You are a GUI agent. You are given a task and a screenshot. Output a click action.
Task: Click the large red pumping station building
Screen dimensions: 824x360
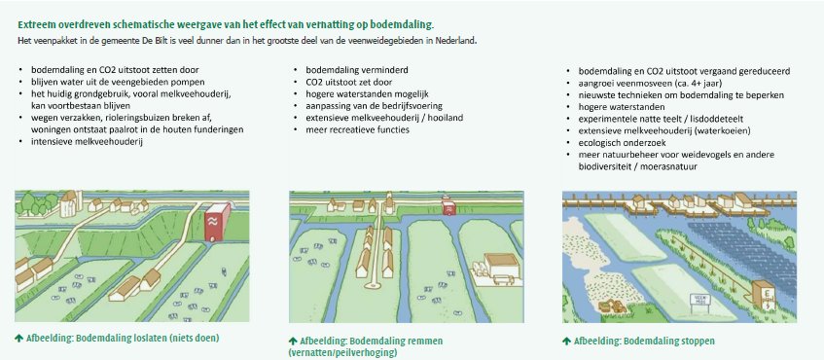point(217,222)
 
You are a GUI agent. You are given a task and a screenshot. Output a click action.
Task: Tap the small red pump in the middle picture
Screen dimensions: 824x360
point(448,206)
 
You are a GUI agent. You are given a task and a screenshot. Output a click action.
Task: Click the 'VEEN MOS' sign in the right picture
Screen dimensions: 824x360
point(699,300)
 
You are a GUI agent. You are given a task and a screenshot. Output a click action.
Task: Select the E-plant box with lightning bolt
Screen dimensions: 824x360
point(763,294)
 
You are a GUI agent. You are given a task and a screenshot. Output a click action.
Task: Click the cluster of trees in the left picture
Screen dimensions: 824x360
point(37,204)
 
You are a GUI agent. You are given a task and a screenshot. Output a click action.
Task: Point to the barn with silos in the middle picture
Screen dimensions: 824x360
point(496,268)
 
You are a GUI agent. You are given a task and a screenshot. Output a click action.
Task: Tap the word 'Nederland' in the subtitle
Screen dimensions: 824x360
point(457,41)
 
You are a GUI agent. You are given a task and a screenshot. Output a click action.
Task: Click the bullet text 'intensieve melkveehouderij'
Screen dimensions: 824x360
point(87,141)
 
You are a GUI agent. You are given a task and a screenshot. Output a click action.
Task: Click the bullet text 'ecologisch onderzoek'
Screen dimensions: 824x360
point(623,142)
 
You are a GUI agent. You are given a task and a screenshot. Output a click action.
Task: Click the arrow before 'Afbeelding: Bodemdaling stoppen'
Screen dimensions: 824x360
point(566,342)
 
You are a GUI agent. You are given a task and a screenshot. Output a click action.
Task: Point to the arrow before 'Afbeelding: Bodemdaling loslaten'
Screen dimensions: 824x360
point(18,338)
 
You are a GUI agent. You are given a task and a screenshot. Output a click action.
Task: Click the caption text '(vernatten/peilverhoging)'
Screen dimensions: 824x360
point(342,352)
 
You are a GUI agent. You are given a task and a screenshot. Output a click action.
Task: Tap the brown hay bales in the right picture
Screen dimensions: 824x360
point(611,306)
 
